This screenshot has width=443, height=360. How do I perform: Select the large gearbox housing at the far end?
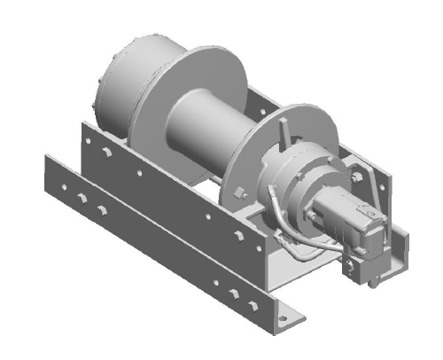[124, 80]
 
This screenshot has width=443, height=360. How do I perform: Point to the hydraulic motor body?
[350, 222]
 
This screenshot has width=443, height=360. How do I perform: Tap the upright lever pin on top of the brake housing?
[285, 130]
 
